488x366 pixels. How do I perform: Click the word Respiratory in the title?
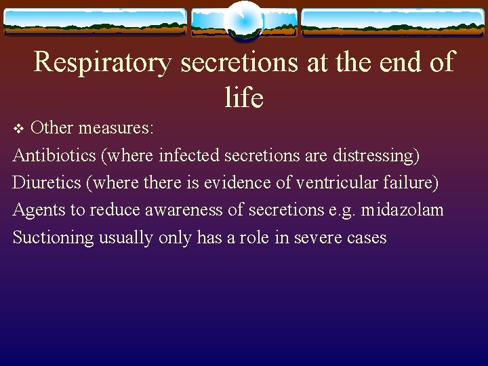click(x=103, y=62)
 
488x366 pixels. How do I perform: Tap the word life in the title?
click(x=243, y=98)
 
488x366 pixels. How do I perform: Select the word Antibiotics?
click(x=54, y=155)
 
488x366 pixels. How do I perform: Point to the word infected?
click(x=189, y=155)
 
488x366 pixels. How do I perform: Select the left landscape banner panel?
click(x=95, y=22)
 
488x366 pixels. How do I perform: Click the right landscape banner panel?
click(x=392, y=22)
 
